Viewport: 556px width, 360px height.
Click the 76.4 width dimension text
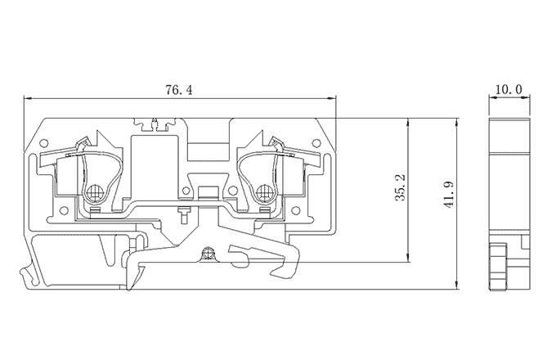179,90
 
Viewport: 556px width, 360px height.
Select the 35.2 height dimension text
401,187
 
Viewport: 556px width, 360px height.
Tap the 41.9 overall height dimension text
449,195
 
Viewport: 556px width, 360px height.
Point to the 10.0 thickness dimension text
509,89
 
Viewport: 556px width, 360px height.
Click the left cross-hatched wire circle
94,193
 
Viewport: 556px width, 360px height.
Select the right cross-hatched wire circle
264,193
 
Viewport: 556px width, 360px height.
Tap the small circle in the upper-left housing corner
44,143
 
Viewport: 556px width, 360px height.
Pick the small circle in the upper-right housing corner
316,143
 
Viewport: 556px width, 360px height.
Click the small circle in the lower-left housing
64,211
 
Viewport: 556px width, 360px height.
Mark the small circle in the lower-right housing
296,211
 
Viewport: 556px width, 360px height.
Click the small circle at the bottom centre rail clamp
207,254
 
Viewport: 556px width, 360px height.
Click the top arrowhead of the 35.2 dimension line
409,122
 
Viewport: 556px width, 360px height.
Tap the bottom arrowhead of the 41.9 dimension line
457,286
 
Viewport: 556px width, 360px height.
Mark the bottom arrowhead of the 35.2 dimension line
409,259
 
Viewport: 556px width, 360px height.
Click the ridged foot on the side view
498,267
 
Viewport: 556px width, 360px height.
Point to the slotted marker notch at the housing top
155,125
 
